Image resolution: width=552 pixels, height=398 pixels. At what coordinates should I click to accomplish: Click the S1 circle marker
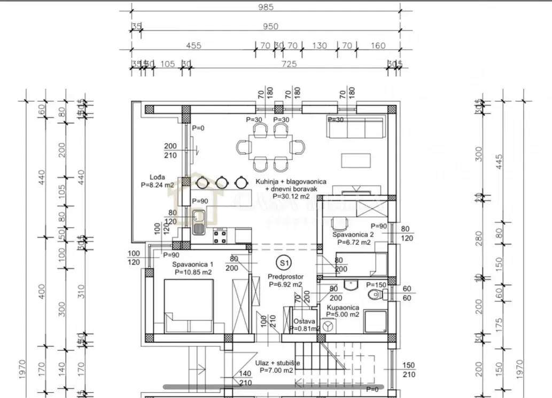coord(284,262)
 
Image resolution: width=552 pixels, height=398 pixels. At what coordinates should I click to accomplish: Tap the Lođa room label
coord(157,177)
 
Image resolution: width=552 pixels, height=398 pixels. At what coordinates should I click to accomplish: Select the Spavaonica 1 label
coord(192,265)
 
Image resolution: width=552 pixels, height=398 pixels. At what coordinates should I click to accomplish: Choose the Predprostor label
coord(285,277)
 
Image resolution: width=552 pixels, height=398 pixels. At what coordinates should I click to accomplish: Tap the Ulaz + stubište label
coord(277,363)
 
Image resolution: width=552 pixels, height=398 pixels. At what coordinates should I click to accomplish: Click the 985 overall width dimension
coord(265,7)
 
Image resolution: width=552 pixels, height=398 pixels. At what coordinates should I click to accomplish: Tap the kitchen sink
coord(199,222)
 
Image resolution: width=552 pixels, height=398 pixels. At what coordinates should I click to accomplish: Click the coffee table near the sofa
coord(355,160)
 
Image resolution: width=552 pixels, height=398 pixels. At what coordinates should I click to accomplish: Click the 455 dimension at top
coord(193,46)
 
